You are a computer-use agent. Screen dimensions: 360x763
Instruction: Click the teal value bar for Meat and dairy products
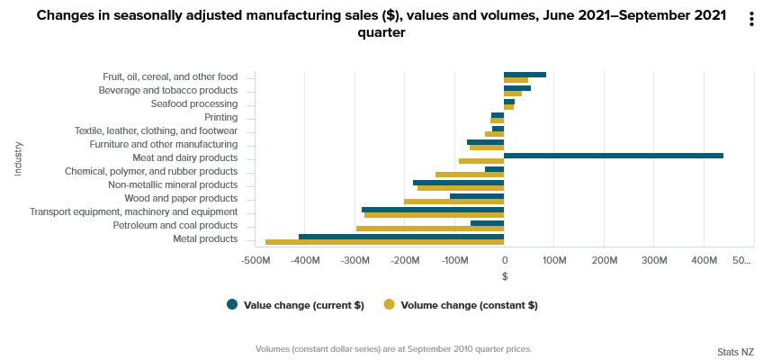pyautogui.click(x=613, y=156)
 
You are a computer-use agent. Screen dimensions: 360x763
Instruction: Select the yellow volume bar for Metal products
pyautogui.click(x=384, y=242)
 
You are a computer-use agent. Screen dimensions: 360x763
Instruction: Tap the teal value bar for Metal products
pyautogui.click(x=400, y=237)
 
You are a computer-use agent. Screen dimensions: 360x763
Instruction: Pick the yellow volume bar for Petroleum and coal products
pyautogui.click(x=429, y=229)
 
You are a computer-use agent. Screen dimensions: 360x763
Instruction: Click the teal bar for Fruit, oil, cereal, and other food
pyautogui.click(x=525, y=75)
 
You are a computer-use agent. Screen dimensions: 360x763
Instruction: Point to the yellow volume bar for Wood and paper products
pyautogui.click(x=453, y=202)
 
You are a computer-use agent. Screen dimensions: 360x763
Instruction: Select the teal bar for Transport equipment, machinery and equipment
pyautogui.click(x=432, y=210)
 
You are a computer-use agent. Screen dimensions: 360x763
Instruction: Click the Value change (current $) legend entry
pyautogui.click(x=295, y=305)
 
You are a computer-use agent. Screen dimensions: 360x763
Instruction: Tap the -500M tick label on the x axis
pyautogui.click(x=256, y=261)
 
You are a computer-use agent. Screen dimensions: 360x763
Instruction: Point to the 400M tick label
pyautogui.click(x=704, y=261)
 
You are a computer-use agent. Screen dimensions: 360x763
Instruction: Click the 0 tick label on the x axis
pyautogui.click(x=504, y=261)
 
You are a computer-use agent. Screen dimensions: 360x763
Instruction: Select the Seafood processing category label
pyautogui.click(x=193, y=103)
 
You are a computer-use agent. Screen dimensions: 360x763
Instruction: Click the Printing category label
pyautogui.click(x=220, y=117)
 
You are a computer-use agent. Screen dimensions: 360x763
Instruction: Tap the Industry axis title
pyautogui.click(x=18, y=157)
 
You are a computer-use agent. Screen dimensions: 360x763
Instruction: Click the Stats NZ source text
pyautogui.click(x=735, y=351)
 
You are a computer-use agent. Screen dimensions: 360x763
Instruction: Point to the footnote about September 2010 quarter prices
pyautogui.click(x=393, y=348)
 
